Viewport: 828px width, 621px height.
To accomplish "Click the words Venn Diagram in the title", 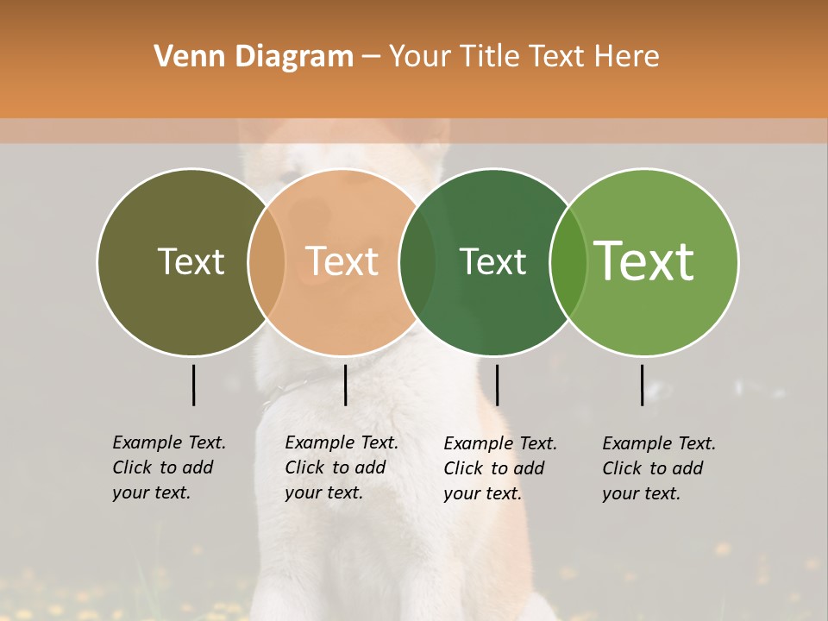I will [x=254, y=57].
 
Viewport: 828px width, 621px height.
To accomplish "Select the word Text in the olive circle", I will [x=191, y=261].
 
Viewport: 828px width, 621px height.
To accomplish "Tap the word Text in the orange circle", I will [x=342, y=261].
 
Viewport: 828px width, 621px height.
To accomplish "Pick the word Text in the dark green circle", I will [x=492, y=261].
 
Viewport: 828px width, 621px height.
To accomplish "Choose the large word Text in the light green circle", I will [x=644, y=260].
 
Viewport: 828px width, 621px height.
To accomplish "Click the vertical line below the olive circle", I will [x=193, y=385].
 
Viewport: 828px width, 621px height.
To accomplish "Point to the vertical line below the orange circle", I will [x=345, y=385].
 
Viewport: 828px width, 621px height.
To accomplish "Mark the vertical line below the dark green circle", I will [x=497, y=385].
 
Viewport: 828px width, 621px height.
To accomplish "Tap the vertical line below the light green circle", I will [x=642, y=385].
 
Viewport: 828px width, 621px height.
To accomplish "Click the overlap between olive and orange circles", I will [x=267, y=262].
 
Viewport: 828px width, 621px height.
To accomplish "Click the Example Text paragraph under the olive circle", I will [x=169, y=467].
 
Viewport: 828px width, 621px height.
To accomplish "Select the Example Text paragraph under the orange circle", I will [x=342, y=467].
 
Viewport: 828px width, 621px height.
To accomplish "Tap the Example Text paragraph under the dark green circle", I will [x=500, y=468].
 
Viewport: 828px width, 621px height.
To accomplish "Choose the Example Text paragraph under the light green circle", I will [x=659, y=468].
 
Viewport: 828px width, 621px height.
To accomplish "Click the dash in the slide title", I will [x=371, y=58].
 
